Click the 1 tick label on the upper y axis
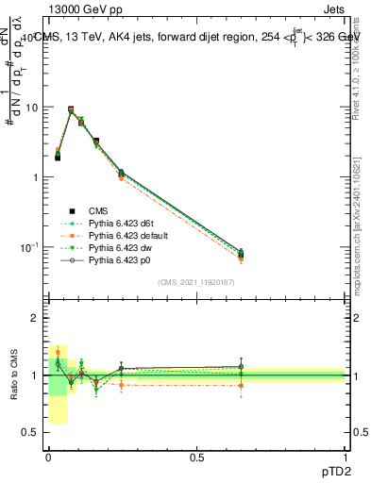pos(36,177)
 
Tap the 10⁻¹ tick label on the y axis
pos(30,247)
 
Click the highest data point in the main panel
pos(72,109)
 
